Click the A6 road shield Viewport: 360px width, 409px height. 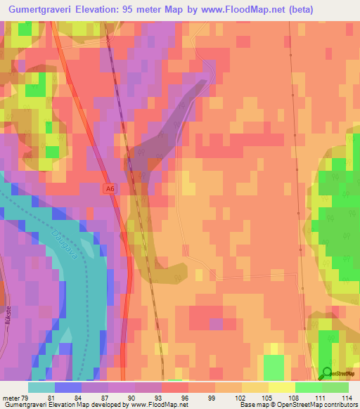click(x=108, y=188)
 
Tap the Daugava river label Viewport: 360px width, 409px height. click(x=64, y=244)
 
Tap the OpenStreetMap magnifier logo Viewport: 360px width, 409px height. click(x=326, y=373)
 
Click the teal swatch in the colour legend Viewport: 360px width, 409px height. click(x=41, y=387)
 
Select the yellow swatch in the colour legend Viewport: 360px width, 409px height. click(x=282, y=387)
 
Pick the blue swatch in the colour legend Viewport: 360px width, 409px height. click(x=68, y=387)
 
